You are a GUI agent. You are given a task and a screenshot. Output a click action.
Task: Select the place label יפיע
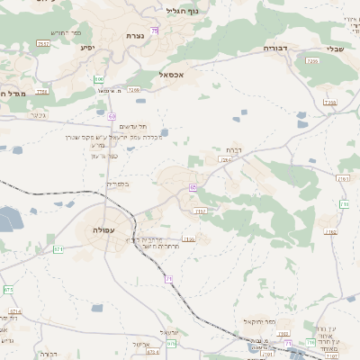pyautogui.click(x=87, y=47)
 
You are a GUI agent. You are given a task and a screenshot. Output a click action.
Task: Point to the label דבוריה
pyautogui.click(x=274, y=47)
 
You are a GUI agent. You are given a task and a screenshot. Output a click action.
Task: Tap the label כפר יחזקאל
pyautogui.click(x=258, y=321)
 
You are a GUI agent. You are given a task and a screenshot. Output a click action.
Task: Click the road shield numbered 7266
pyautogui.click(x=313, y=61)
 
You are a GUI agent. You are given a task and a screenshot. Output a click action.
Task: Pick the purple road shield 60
pyautogui.click(x=112, y=115)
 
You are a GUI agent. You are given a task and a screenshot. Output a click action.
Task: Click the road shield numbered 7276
pyautogui.click(x=133, y=90)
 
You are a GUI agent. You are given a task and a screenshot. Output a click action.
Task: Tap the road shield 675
pyautogui.click(x=172, y=343)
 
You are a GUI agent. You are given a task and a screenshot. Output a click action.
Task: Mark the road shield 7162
pyautogui.click(x=331, y=231)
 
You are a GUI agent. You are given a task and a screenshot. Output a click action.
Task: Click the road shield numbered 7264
pyautogui.click(x=225, y=158)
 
